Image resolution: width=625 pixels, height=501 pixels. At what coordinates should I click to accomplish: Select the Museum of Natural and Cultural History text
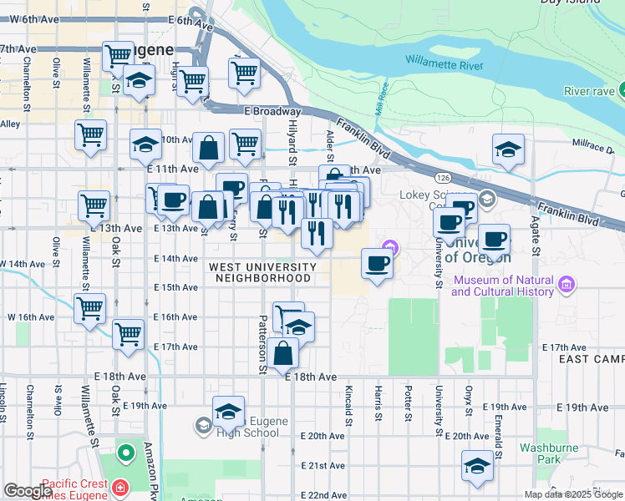coord(502,286)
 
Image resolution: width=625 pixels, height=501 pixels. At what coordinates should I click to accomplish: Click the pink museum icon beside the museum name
coord(567,286)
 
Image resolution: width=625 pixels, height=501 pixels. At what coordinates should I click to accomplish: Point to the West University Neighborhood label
coord(262,272)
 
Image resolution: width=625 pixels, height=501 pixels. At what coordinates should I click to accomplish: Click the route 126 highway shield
coord(441,177)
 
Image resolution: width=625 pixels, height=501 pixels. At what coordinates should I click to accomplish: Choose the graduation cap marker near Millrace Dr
coord(508,149)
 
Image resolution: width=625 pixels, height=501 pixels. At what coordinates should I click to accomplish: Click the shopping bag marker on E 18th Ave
coord(285,353)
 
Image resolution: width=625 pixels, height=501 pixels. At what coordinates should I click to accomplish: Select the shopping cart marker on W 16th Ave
coord(89,307)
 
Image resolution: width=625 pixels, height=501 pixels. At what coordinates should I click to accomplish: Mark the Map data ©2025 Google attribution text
coord(573,494)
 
